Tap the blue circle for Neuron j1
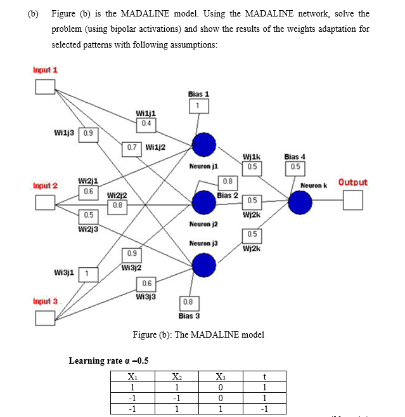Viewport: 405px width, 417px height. pyautogui.click(x=204, y=145)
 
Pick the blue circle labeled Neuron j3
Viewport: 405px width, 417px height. pyautogui.click(x=204, y=264)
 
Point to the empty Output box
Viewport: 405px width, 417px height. pyautogui.click(x=353, y=201)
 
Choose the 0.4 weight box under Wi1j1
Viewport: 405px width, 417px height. pyautogui.click(x=146, y=122)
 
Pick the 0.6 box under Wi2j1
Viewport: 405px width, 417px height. pyautogui.click(x=88, y=190)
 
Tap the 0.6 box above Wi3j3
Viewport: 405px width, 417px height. pyautogui.click(x=146, y=283)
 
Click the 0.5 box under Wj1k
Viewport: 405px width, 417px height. pyautogui.click(x=252, y=167)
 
